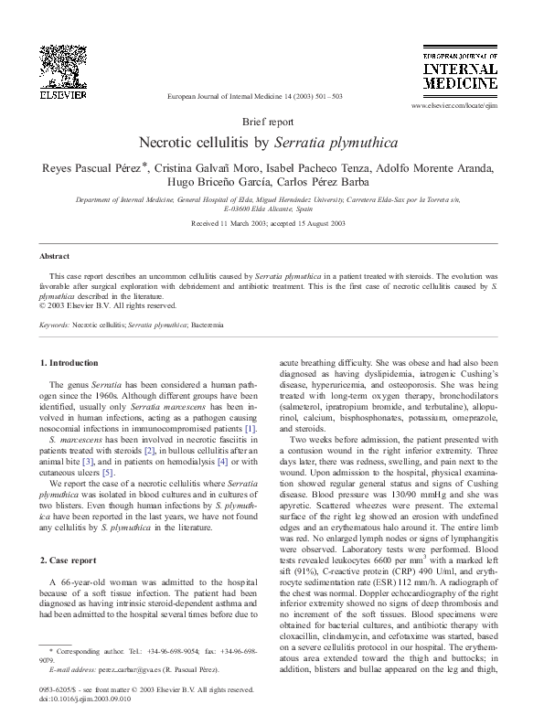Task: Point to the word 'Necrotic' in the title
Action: point(169,143)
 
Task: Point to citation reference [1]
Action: point(251,429)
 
